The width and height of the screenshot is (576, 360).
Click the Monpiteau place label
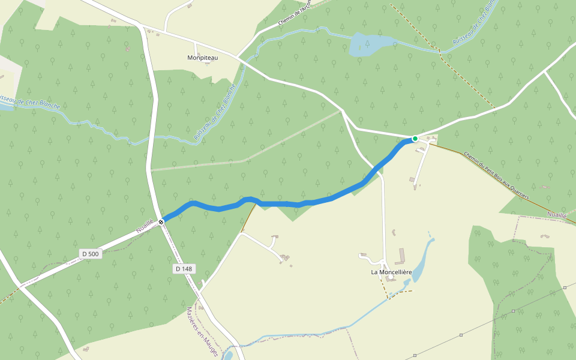202,57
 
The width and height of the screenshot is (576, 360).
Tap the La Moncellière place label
391,272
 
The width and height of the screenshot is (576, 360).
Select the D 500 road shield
90,254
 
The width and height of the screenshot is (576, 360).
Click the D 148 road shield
184,269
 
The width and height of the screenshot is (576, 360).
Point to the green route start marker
415,139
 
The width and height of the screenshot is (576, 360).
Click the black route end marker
161,222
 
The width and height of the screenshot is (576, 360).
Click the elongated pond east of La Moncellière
421,262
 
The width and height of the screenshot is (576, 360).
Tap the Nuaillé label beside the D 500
144,226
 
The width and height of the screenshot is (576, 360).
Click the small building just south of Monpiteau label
206,64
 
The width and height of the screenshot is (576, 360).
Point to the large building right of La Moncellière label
401,259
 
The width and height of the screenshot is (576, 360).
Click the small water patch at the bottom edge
227,355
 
